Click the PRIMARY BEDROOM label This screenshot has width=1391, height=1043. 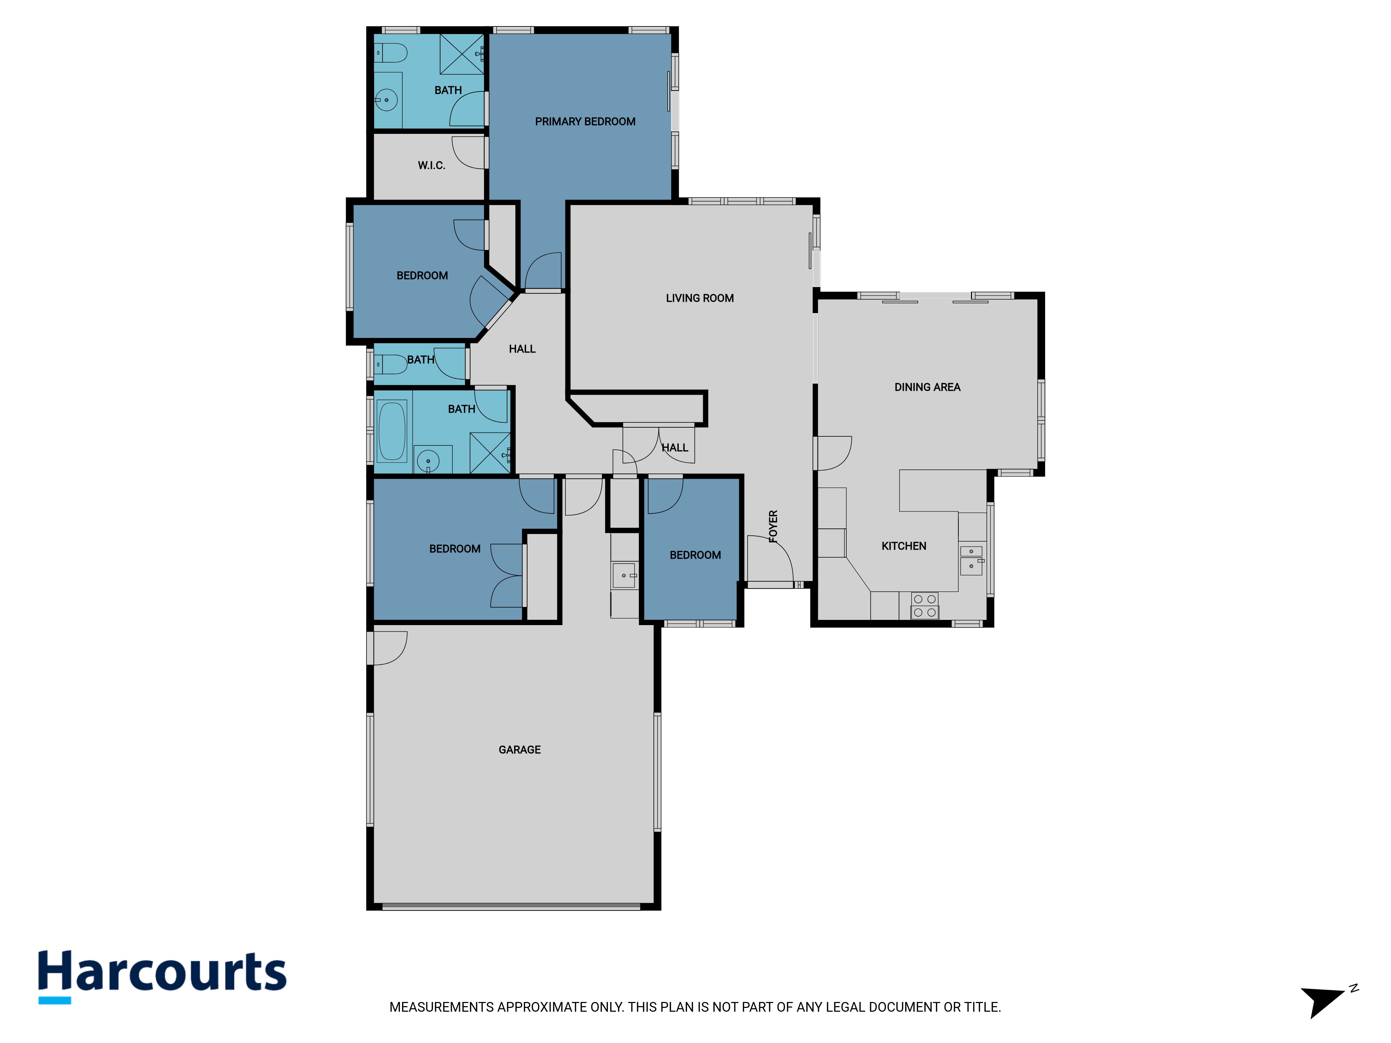point(585,121)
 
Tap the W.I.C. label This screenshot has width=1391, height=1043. point(432,165)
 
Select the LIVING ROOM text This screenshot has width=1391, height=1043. point(699,298)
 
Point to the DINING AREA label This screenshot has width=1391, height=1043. point(927,387)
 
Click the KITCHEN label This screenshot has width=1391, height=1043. point(903,546)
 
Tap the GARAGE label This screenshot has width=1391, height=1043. point(520,750)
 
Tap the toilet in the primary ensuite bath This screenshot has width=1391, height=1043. point(391,53)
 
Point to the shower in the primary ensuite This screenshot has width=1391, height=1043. point(461,55)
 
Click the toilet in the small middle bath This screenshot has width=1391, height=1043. point(391,364)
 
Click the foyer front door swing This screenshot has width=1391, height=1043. point(770,559)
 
